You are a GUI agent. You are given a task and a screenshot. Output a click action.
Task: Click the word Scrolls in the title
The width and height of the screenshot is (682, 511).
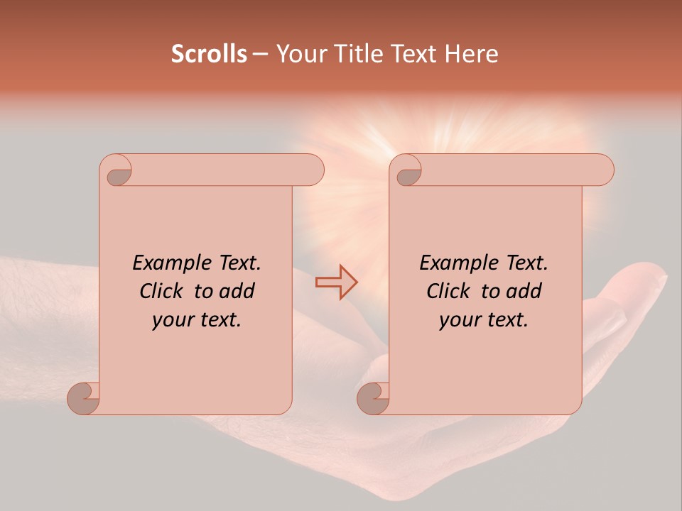pyautogui.click(x=209, y=54)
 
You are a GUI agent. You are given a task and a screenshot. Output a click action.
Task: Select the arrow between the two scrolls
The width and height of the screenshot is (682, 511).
pyautogui.click(x=336, y=282)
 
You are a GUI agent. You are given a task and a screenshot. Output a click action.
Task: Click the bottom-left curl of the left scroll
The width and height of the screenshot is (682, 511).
pyautogui.click(x=84, y=397)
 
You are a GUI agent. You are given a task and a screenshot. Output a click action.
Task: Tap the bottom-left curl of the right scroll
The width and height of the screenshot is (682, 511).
pyautogui.click(x=374, y=397)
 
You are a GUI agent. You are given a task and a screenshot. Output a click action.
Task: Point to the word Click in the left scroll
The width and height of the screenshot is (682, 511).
pyautogui.click(x=161, y=291)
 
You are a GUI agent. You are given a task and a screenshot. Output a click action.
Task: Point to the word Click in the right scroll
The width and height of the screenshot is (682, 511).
pyautogui.click(x=448, y=291)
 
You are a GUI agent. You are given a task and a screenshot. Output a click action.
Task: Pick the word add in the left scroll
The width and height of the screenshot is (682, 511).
pyautogui.click(x=239, y=291)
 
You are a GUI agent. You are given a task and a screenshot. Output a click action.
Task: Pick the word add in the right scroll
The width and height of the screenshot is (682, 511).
pyautogui.click(x=526, y=291)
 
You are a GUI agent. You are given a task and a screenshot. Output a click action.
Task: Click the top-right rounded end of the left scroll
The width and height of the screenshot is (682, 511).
pyautogui.click(x=311, y=170)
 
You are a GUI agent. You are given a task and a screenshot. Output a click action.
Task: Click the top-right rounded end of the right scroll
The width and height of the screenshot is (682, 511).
pyautogui.click(x=601, y=170)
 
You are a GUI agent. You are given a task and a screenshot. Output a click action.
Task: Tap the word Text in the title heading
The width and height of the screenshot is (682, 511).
pyautogui.click(x=414, y=54)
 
